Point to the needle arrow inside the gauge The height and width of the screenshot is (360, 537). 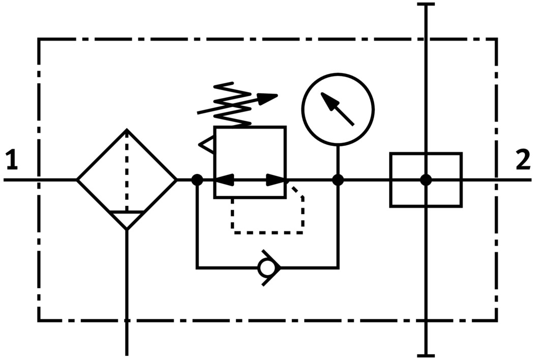point(338,110)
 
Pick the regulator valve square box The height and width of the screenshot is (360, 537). point(250,162)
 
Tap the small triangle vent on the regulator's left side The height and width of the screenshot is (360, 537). point(207,145)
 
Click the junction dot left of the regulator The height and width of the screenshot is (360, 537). point(197,179)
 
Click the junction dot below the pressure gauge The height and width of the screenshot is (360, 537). point(338,179)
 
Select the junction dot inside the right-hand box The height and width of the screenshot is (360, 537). point(426,179)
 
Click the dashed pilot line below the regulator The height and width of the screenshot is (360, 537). point(267,232)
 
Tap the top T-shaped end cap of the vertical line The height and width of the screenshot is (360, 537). point(426,5)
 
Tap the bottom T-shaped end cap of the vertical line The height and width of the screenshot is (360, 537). point(426,355)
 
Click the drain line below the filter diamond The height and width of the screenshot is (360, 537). point(127,295)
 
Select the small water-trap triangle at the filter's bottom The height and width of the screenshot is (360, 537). point(127,219)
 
